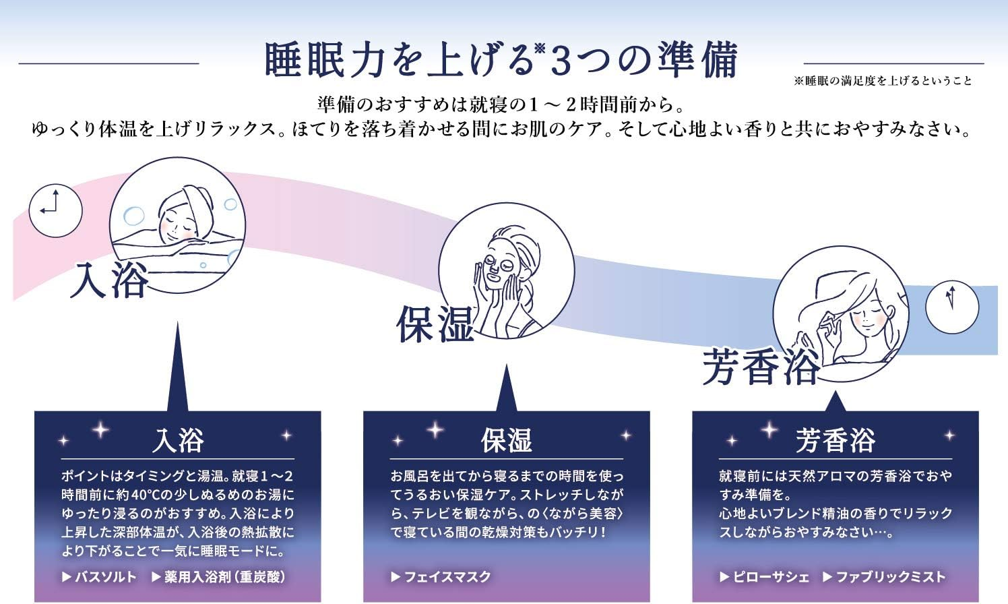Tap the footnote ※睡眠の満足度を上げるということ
(x=883, y=81)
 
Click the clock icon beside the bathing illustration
(x=55, y=210)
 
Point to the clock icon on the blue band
(x=952, y=307)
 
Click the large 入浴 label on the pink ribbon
(x=109, y=280)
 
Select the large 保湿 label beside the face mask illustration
(x=435, y=324)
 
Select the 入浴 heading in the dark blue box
(x=178, y=440)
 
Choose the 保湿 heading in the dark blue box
(x=507, y=440)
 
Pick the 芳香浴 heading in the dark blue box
(x=836, y=440)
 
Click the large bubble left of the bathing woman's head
(x=133, y=216)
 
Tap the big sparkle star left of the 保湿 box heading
(x=435, y=430)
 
